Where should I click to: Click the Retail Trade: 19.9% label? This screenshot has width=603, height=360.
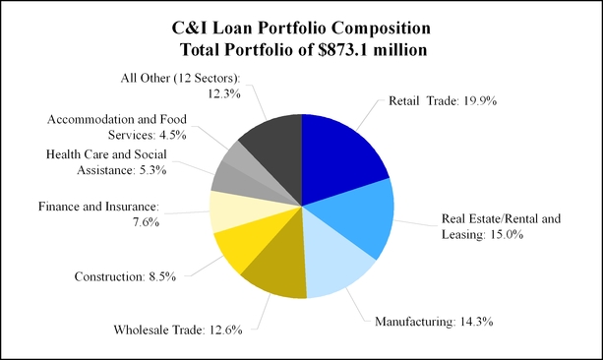click(443, 100)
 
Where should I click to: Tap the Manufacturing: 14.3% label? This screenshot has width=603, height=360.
click(434, 322)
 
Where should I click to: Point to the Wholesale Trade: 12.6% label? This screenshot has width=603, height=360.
click(178, 330)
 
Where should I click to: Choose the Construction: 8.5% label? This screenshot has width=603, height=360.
click(125, 276)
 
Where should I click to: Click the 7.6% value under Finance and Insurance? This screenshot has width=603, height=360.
click(147, 222)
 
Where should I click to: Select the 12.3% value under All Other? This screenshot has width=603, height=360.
click(224, 93)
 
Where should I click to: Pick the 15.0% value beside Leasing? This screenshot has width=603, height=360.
click(507, 235)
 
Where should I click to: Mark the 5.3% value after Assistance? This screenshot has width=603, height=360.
click(152, 170)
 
